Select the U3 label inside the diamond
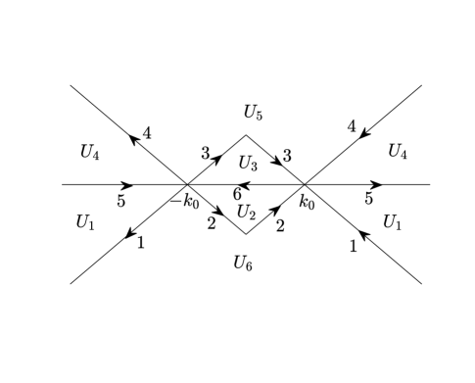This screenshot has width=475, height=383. (x=248, y=163)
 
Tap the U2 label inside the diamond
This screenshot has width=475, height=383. (x=247, y=212)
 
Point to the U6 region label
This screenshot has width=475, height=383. (x=243, y=262)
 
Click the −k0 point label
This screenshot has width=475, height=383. (x=183, y=202)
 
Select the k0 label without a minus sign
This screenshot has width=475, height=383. (x=307, y=203)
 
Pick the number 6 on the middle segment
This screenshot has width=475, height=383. (x=237, y=194)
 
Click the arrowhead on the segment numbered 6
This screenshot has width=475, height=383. (x=243, y=184)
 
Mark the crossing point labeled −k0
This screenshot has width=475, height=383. (x=187, y=184)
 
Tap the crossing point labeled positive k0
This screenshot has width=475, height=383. (x=305, y=184)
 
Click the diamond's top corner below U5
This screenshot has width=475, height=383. (x=246, y=135)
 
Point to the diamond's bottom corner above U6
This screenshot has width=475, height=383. (x=246, y=234)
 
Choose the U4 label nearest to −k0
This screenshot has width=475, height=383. (x=90, y=152)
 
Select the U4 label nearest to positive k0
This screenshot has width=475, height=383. (x=398, y=151)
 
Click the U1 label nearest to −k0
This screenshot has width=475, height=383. (x=85, y=221)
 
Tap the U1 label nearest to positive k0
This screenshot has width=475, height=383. (x=392, y=222)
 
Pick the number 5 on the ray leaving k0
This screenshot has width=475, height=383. (x=368, y=200)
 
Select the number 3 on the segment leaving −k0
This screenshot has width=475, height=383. (x=205, y=153)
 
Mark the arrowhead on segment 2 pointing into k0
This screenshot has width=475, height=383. (x=276, y=209)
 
